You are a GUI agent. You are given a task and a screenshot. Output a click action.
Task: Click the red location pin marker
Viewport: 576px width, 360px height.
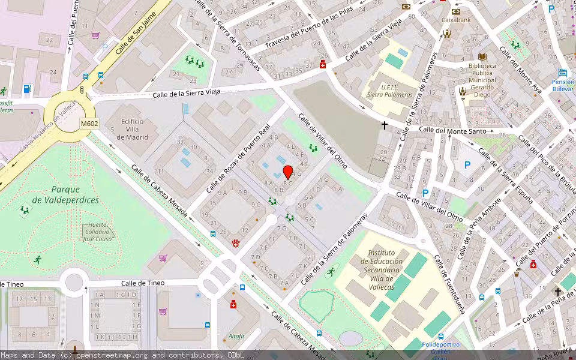coord(288,173)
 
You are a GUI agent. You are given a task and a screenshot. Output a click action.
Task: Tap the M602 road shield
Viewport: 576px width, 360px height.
coord(89,124)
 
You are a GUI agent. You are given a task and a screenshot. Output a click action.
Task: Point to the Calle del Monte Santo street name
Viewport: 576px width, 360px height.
coord(452,130)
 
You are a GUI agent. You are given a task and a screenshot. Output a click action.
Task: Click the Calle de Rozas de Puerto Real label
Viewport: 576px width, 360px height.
coord(238,159)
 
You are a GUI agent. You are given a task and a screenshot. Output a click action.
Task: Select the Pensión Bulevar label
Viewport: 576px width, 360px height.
coord(563,85)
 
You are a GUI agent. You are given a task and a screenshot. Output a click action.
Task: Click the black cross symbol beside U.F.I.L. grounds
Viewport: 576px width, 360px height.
coord(385,125)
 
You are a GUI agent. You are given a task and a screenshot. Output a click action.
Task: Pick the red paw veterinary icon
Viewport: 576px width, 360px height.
coord(235,243)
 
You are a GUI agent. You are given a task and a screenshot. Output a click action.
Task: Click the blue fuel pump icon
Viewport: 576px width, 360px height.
coord(26,89)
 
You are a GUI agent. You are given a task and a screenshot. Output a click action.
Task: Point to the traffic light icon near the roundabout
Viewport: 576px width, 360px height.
coord(82,89)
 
